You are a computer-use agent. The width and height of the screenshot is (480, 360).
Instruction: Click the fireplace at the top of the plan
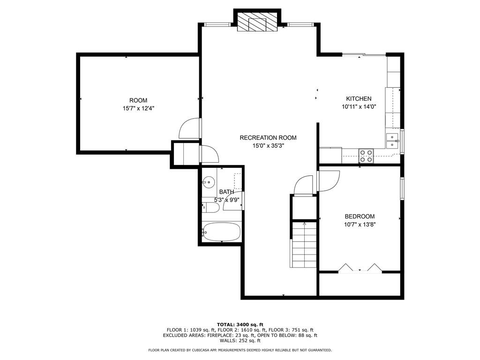pos(256,22)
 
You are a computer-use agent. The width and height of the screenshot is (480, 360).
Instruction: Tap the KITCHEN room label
pos(359,99)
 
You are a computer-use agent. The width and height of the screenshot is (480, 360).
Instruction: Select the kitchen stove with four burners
pos(366,156)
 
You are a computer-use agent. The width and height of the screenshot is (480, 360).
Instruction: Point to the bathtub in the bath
pos(221,232)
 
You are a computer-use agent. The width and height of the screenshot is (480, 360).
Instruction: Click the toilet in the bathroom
pos(210,207)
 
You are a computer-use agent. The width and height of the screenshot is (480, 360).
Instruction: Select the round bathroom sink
pos(209,182)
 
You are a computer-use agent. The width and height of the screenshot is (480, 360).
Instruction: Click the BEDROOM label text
pos(360,217)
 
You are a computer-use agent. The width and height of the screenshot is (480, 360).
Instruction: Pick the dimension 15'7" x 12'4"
pos(138,108)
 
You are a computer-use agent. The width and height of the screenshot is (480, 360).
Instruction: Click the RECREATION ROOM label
pos(268,138)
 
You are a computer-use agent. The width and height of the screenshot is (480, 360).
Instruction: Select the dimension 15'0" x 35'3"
pos(268,146)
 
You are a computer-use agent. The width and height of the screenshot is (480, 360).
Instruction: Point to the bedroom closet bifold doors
pos(360,268)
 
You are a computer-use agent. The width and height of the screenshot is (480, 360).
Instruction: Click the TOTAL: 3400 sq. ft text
pos(240,324)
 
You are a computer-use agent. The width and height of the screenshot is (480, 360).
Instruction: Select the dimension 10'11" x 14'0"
pos(359,107)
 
